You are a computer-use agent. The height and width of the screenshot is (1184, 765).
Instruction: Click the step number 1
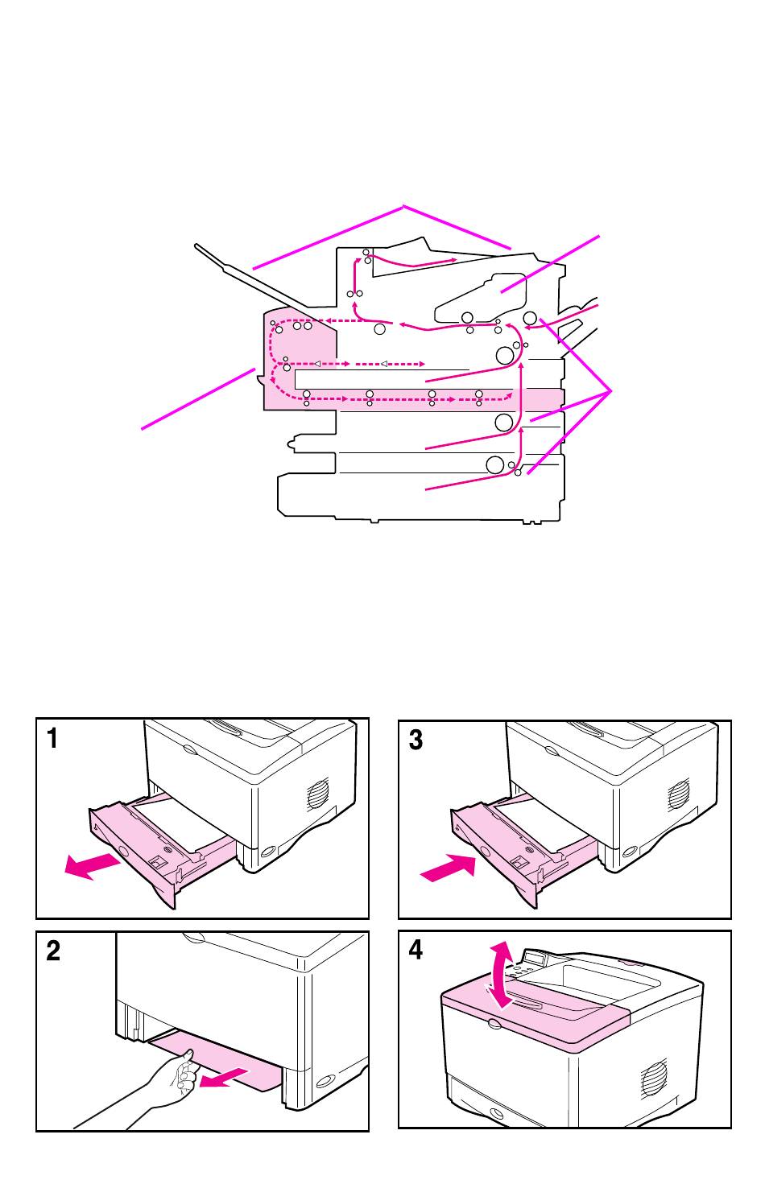[52, 739]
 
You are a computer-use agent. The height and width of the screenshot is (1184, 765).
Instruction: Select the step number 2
[53, 951]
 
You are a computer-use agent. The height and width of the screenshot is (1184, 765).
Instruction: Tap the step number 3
[416, 740]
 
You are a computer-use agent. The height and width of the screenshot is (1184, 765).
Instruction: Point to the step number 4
[416, 951]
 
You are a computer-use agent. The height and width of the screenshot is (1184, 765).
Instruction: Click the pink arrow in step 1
[92, 867]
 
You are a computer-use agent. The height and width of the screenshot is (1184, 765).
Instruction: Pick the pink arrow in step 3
[448, 869]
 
